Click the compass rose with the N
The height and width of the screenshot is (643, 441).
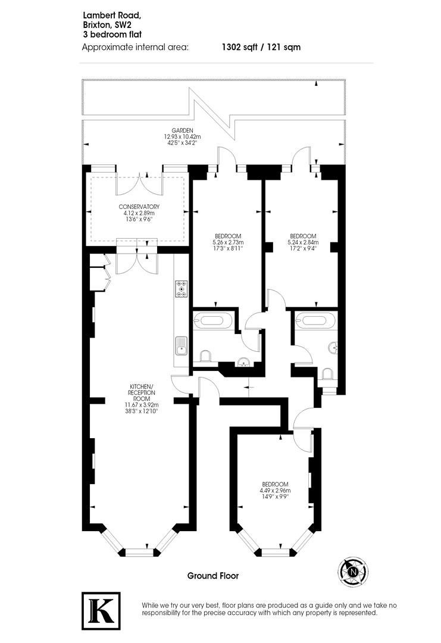353,571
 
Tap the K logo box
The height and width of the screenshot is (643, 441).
101,611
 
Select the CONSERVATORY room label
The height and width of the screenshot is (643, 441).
139,207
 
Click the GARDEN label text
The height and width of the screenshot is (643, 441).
182,130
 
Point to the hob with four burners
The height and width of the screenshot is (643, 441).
181,288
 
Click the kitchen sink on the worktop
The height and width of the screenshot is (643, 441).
180,345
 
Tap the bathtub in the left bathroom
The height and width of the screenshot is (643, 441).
214,320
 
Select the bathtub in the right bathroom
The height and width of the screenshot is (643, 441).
315,320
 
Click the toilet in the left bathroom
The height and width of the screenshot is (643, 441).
205,355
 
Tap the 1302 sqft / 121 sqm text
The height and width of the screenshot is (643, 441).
261,47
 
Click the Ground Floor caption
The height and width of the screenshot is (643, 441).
212,576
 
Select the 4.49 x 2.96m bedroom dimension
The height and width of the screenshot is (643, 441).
275,491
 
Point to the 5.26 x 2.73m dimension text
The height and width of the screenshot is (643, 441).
228,242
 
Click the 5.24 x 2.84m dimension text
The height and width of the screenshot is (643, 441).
303,242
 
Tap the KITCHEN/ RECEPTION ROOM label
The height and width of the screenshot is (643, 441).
142,392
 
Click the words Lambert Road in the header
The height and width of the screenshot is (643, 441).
112,15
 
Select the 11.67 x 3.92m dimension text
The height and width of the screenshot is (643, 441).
142,405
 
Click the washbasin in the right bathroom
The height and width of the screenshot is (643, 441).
333,348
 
